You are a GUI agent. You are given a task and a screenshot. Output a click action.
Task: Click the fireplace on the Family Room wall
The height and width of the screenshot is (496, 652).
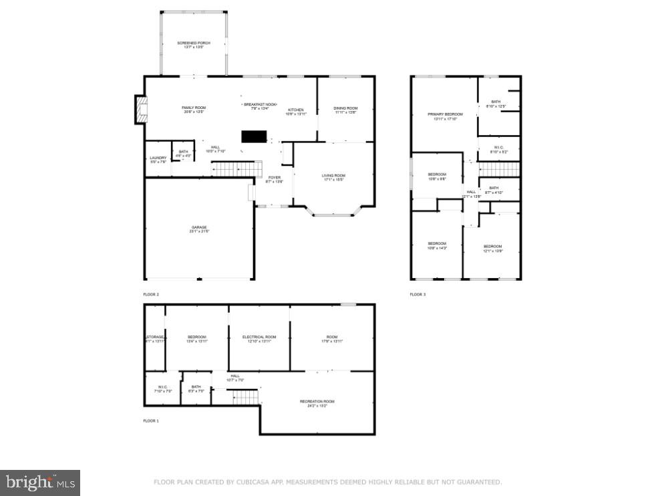[x=140, y=110]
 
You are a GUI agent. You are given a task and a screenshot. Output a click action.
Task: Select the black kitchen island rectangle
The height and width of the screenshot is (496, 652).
[x=253, y=136]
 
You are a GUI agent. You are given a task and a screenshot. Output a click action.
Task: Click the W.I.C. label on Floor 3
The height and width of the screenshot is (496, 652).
[x=499, y=149]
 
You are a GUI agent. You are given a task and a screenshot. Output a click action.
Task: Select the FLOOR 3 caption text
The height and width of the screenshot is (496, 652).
[x=418, y=294]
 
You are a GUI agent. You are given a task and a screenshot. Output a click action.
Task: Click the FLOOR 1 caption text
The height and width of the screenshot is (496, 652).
[x=151, y=420]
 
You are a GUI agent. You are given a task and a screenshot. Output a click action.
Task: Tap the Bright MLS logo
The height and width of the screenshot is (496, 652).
[x=40, y=482]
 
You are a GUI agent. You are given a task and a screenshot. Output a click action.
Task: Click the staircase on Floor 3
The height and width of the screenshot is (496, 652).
[x=500, y=169]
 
